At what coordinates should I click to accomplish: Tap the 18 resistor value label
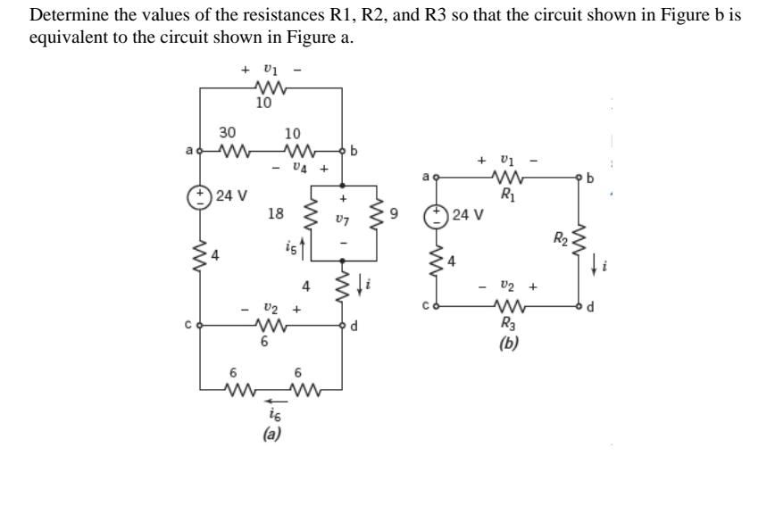276,213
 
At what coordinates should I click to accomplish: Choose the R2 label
559,237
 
